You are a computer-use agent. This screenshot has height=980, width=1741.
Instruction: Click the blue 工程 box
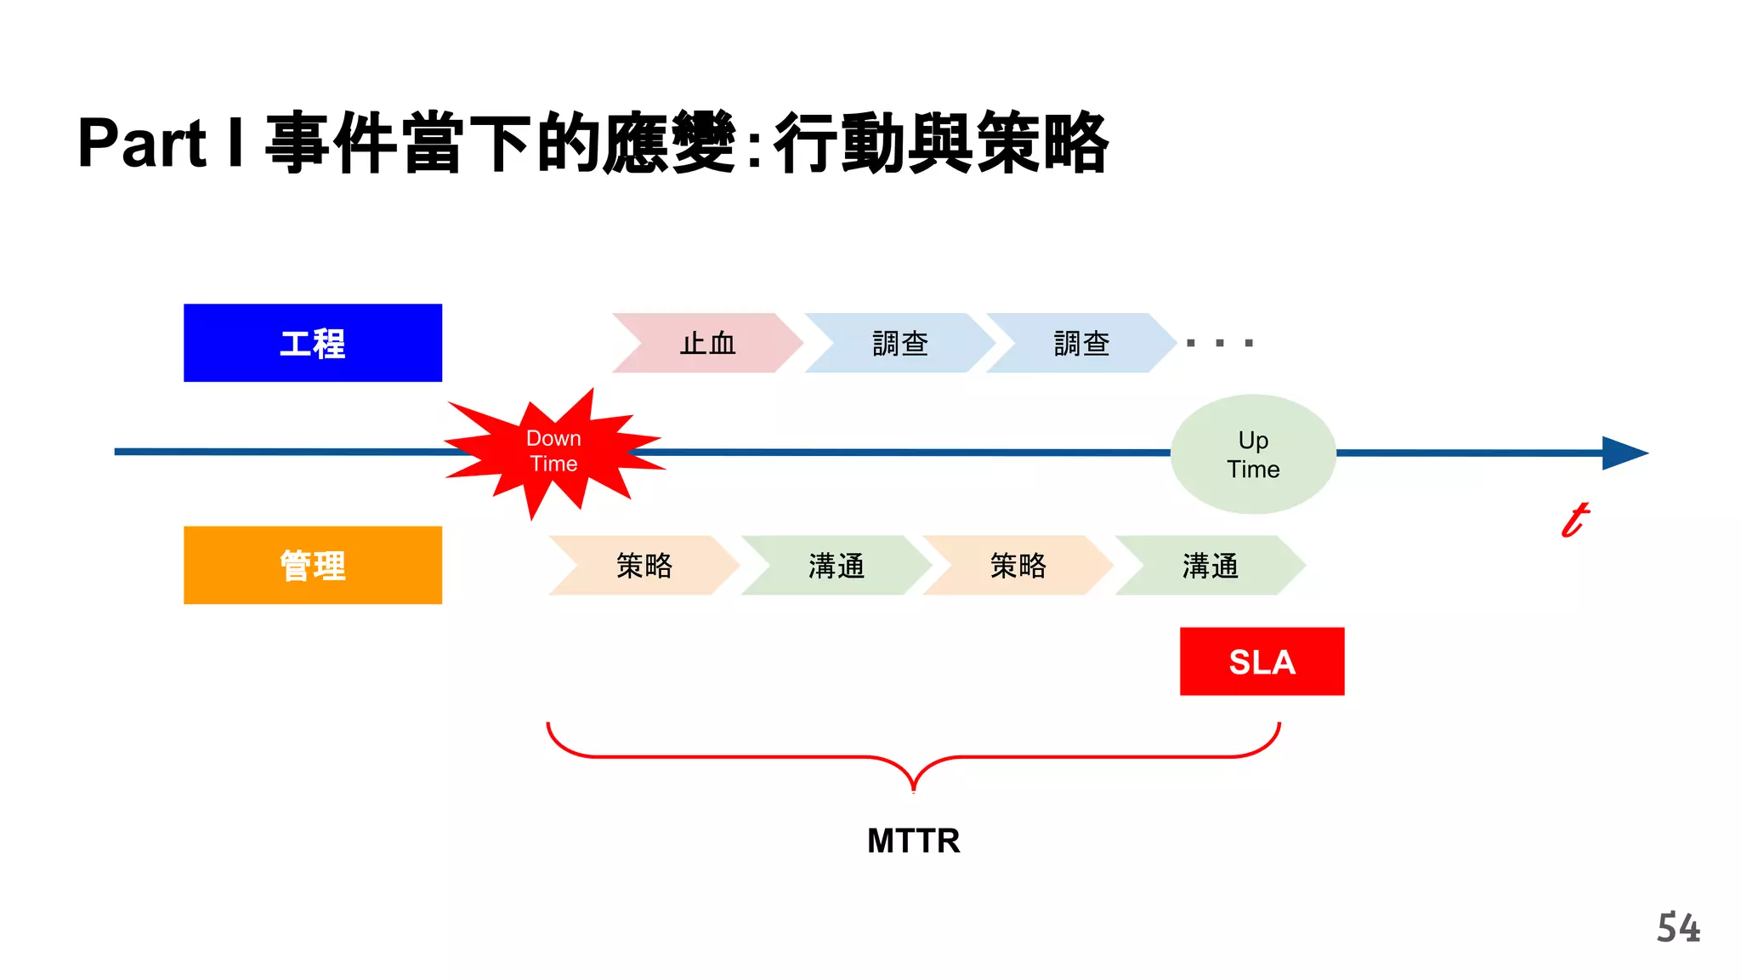(313, 343)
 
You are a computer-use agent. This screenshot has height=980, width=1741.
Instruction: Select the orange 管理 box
(313, 566)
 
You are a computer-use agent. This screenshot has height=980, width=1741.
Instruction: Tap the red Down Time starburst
(553, 452)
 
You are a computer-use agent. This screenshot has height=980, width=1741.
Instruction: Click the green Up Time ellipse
(1253, 454)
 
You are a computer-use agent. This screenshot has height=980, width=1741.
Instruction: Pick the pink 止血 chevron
(707, 344)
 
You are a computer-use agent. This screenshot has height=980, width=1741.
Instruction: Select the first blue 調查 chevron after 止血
(899, 344)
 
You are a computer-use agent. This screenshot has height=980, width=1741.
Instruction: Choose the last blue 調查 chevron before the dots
(1081, 344)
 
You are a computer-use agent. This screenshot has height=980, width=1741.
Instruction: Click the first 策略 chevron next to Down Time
(644, 566)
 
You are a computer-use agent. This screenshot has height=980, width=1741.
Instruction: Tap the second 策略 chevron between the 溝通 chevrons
(1018, 566)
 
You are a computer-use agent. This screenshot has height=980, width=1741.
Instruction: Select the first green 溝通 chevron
(836, 566)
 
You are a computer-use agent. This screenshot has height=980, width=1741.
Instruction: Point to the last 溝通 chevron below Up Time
(1210, 566)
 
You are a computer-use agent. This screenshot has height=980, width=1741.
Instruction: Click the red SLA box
(1262, 662)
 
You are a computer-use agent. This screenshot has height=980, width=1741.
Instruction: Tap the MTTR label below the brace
(914, 841)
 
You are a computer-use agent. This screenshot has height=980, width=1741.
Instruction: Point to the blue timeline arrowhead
(1624, 453)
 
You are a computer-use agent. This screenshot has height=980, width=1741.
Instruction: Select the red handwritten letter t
(1575, 520)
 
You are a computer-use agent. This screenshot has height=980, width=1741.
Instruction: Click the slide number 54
(1678, 928)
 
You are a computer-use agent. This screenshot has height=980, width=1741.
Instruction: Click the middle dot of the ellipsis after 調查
(1220, 344)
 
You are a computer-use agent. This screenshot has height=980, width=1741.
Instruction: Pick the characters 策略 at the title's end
(1043, 143)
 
